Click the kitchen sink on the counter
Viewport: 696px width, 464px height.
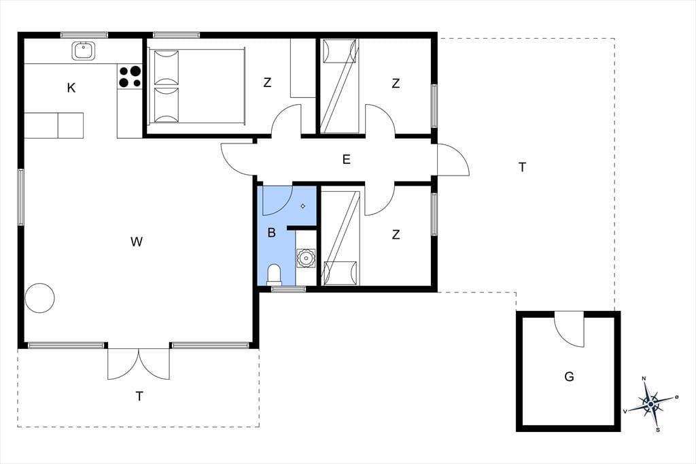pyautogui.click(x=83, y=50)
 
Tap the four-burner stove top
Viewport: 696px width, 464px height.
pyautogui.click(x=130, y=76)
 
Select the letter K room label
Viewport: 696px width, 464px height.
pyautogui.click(x=71, y=88)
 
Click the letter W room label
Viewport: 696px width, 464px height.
pyautogui.click(x=137, y=242)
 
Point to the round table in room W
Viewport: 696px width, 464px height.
pyautogui.click(x=39, y=298)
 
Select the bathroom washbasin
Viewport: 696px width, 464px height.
pyautogui.click(x=306, y=258)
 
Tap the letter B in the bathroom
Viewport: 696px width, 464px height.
pyautogui.click(x=272, y=233)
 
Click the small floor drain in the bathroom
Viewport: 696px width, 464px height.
pyautogui.click(x=303, y=205)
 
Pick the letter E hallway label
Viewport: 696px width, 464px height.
pyautogui.click(x=346, y=159)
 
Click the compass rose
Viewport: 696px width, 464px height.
pyautogui.click(x=650, y=404)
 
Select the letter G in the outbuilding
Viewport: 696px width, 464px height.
pyautogui.click(x=569, y=377)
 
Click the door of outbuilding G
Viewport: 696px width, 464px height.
pyautogui.click(x=569, y=329)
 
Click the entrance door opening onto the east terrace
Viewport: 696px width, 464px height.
pyautogui.click(x=453, y=160)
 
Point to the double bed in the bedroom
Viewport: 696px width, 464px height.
pyautogui.click(x=196, y=86)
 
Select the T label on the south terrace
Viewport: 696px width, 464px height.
pyautogui.click(x=139, y=396)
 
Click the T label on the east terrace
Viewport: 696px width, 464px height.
pyautogui.click(x=523, y=167)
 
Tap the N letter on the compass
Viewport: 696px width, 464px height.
pyautogui.click(x=644, y=379)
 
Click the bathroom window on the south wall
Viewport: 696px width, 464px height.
pyautogui.click(x=288, y=289)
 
